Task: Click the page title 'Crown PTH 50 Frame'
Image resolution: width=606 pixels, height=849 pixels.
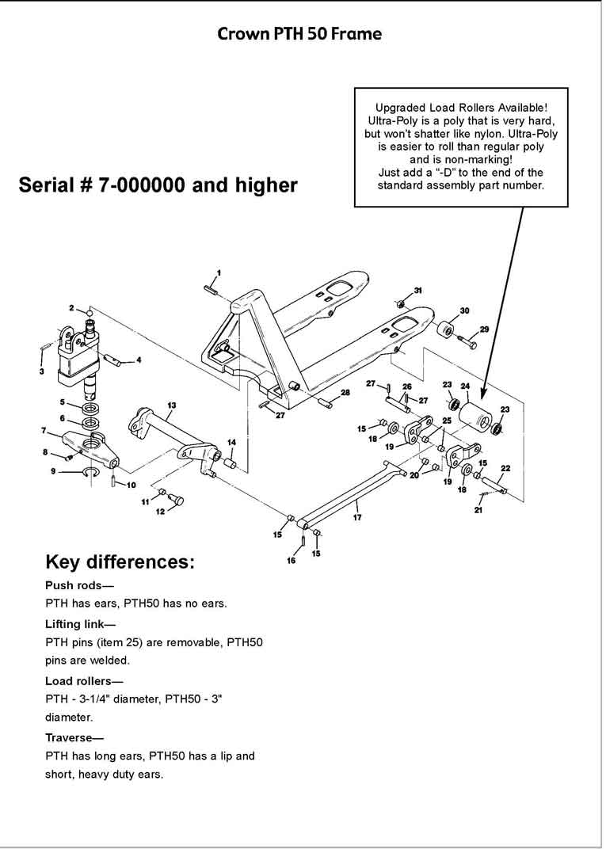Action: (299, 34)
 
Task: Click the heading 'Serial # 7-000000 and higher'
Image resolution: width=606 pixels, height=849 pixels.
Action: (158, 185)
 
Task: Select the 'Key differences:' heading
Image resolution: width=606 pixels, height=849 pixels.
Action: (120, 562)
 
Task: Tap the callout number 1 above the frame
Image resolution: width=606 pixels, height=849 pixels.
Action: (219, 272)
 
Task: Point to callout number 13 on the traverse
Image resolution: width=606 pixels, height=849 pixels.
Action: (171, 405)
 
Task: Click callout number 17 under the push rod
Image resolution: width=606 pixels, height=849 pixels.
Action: (357, 517)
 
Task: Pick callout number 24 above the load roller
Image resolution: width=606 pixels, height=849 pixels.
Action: (466, 387)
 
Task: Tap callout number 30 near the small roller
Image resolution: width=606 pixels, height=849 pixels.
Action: (464, 310)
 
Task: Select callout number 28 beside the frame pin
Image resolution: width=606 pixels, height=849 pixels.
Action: (345, 393)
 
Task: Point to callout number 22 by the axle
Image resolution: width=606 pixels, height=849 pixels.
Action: (505, 468)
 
